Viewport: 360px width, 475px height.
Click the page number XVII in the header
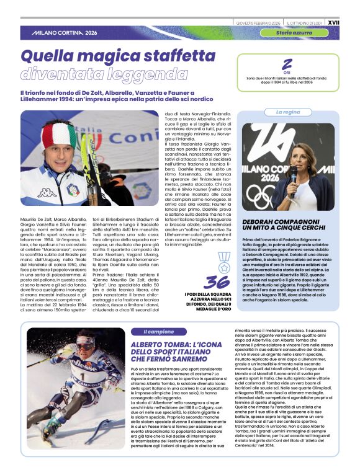pyautogui.click(x=349, y=6)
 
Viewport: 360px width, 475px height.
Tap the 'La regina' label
pyautogui.click(x=287, y=112)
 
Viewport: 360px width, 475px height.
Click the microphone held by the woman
pyautogui.click(x=293, y=172)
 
